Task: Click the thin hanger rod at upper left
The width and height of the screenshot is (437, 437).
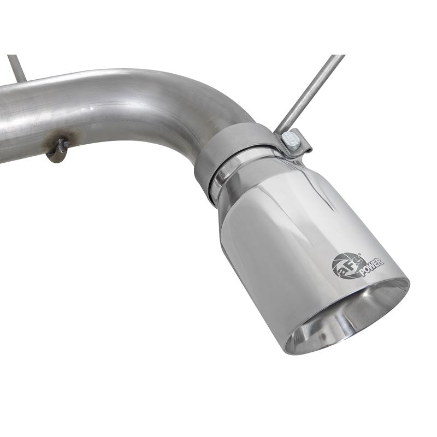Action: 17,69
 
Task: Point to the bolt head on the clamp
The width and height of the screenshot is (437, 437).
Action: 293,140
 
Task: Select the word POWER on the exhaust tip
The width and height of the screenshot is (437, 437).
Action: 371,266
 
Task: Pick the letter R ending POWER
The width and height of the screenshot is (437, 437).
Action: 381,260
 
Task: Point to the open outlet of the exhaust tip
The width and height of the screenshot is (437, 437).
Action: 350,317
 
